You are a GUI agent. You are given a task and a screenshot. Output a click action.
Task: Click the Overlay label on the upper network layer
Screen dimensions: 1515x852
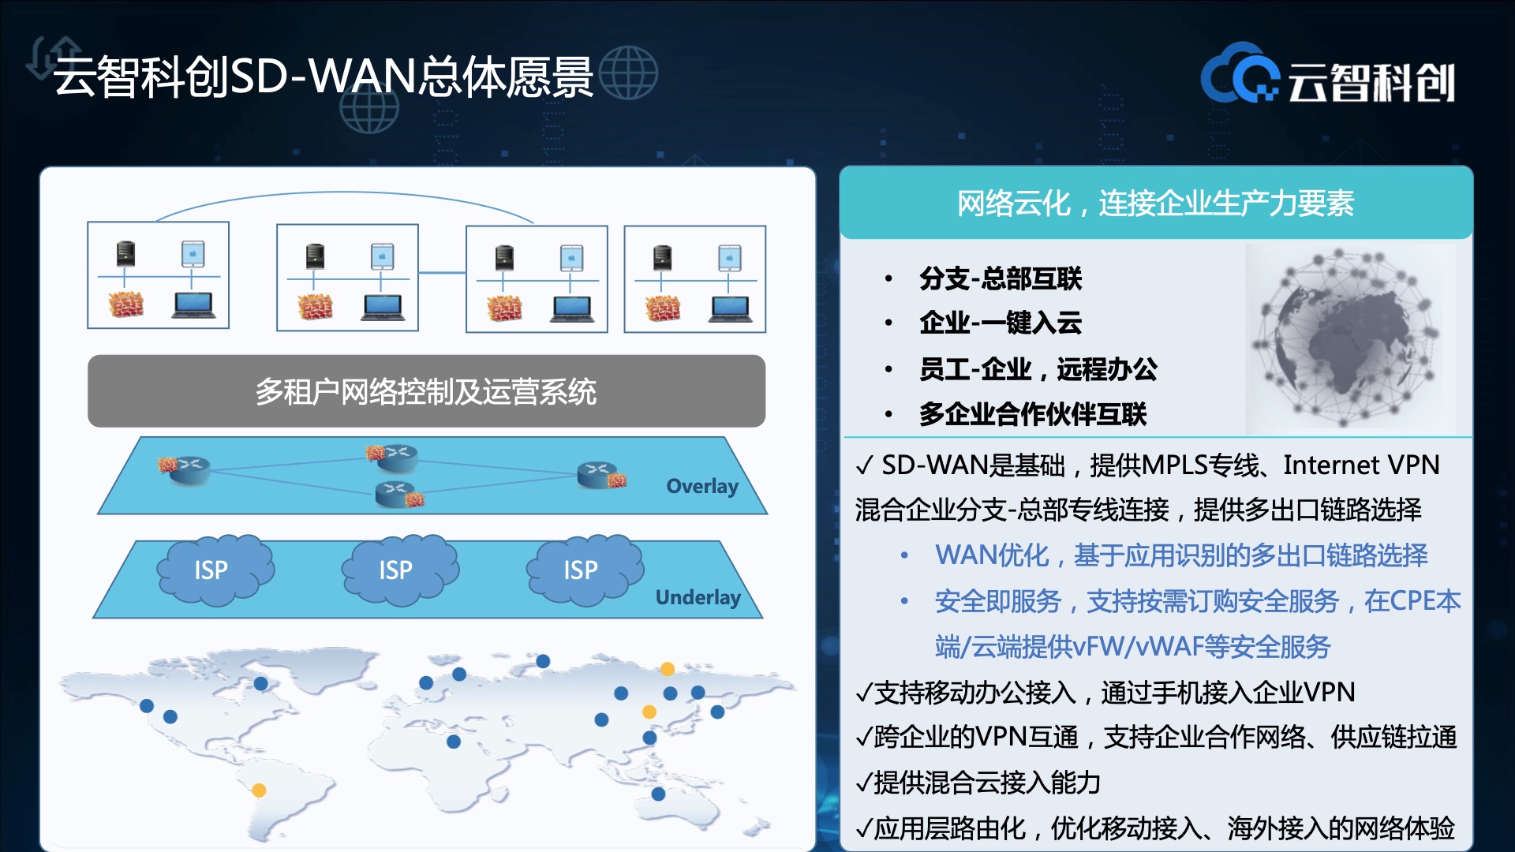[702, 486]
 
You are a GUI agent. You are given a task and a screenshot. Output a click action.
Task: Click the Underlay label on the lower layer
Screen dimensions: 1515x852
[698, 597]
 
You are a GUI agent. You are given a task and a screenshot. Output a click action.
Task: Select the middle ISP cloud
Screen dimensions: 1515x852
[399, 570]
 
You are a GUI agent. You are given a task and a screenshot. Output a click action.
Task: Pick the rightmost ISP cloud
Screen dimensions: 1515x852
[585, 570]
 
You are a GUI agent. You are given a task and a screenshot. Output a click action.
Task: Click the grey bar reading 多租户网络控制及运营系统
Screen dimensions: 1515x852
[426, 391]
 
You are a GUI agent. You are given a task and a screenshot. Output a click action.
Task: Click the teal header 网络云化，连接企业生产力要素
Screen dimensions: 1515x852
[1156, 203]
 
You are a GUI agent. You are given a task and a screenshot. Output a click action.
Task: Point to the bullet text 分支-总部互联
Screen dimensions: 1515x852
[1001, 278]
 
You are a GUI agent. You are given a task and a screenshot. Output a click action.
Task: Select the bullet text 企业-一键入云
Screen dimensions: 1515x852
[1001, 323]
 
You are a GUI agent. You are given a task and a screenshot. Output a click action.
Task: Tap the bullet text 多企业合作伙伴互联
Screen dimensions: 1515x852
[1033, 413]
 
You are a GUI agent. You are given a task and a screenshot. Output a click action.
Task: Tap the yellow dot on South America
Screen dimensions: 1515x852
[259, 790]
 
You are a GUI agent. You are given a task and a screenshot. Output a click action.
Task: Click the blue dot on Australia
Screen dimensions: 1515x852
[659, 794]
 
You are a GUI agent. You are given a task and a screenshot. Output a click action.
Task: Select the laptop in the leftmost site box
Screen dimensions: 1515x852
[193, 305]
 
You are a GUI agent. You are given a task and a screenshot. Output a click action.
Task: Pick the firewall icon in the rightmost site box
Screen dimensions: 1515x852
[663, 308]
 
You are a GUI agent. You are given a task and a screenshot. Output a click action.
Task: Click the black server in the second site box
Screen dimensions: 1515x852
[315, 256]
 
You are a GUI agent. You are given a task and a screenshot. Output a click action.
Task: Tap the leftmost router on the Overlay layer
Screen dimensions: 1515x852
[185, 469]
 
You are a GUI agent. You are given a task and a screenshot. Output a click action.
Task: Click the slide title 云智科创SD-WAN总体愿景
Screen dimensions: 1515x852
[324, 77]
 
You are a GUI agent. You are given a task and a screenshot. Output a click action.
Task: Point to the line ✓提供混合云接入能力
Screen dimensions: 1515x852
[978, 783]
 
